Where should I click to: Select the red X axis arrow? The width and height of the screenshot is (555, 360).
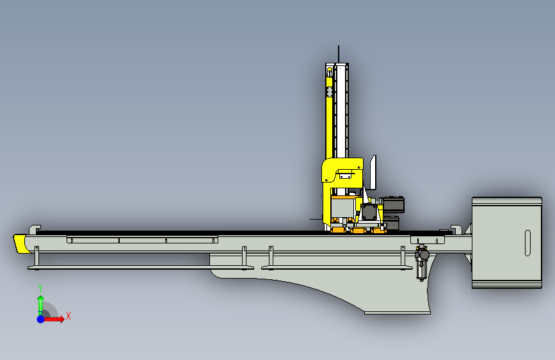pos(53,319)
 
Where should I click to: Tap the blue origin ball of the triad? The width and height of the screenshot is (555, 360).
pos(41,319)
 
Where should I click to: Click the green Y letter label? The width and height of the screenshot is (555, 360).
pos(40,288)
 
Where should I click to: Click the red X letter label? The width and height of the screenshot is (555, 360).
pos(68,316)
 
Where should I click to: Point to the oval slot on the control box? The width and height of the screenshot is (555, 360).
pos(527,243)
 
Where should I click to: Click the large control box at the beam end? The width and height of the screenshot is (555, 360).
pos(507,243)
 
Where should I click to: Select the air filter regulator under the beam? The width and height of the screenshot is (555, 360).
pos(422,263)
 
